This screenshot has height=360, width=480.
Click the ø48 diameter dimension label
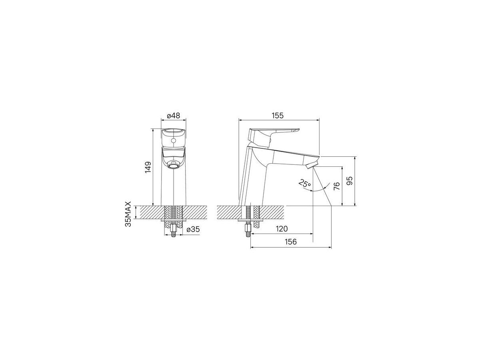point(174,116)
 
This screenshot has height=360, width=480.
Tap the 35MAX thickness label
point(128,214)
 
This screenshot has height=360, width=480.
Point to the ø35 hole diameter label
point(193,229)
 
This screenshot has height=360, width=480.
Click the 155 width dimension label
point(277,116)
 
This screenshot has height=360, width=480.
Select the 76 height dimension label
point(337,186)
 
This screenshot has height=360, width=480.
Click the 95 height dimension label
point(350,181)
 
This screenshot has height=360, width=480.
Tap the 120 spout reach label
point(282,229)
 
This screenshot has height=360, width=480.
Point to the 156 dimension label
point(291,242)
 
